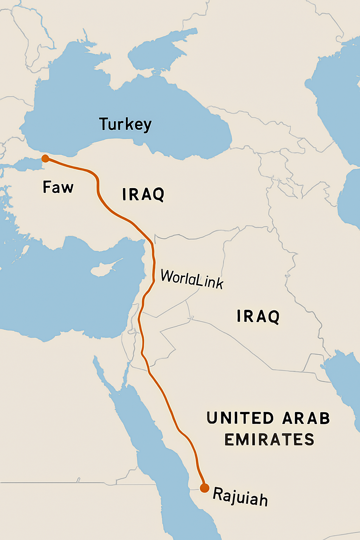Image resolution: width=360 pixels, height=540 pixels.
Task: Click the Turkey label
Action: [x=126, y=124]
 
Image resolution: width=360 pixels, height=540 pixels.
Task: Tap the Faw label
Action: [x=58, y=187]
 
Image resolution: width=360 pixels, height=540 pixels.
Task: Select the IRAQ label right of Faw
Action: [x=143, y=194]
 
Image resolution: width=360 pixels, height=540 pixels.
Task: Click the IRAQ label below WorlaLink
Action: [x=258, y=316]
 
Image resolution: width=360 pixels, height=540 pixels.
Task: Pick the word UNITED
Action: [x=240, y=418]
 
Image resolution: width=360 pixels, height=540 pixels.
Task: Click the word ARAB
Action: [x=306, y=418]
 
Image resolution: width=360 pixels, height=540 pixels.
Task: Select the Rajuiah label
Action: [x=240, y=496]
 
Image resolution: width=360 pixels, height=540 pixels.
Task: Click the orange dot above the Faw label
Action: [x=45, y=159]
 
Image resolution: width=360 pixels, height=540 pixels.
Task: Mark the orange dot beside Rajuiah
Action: [x=204, y=488]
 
